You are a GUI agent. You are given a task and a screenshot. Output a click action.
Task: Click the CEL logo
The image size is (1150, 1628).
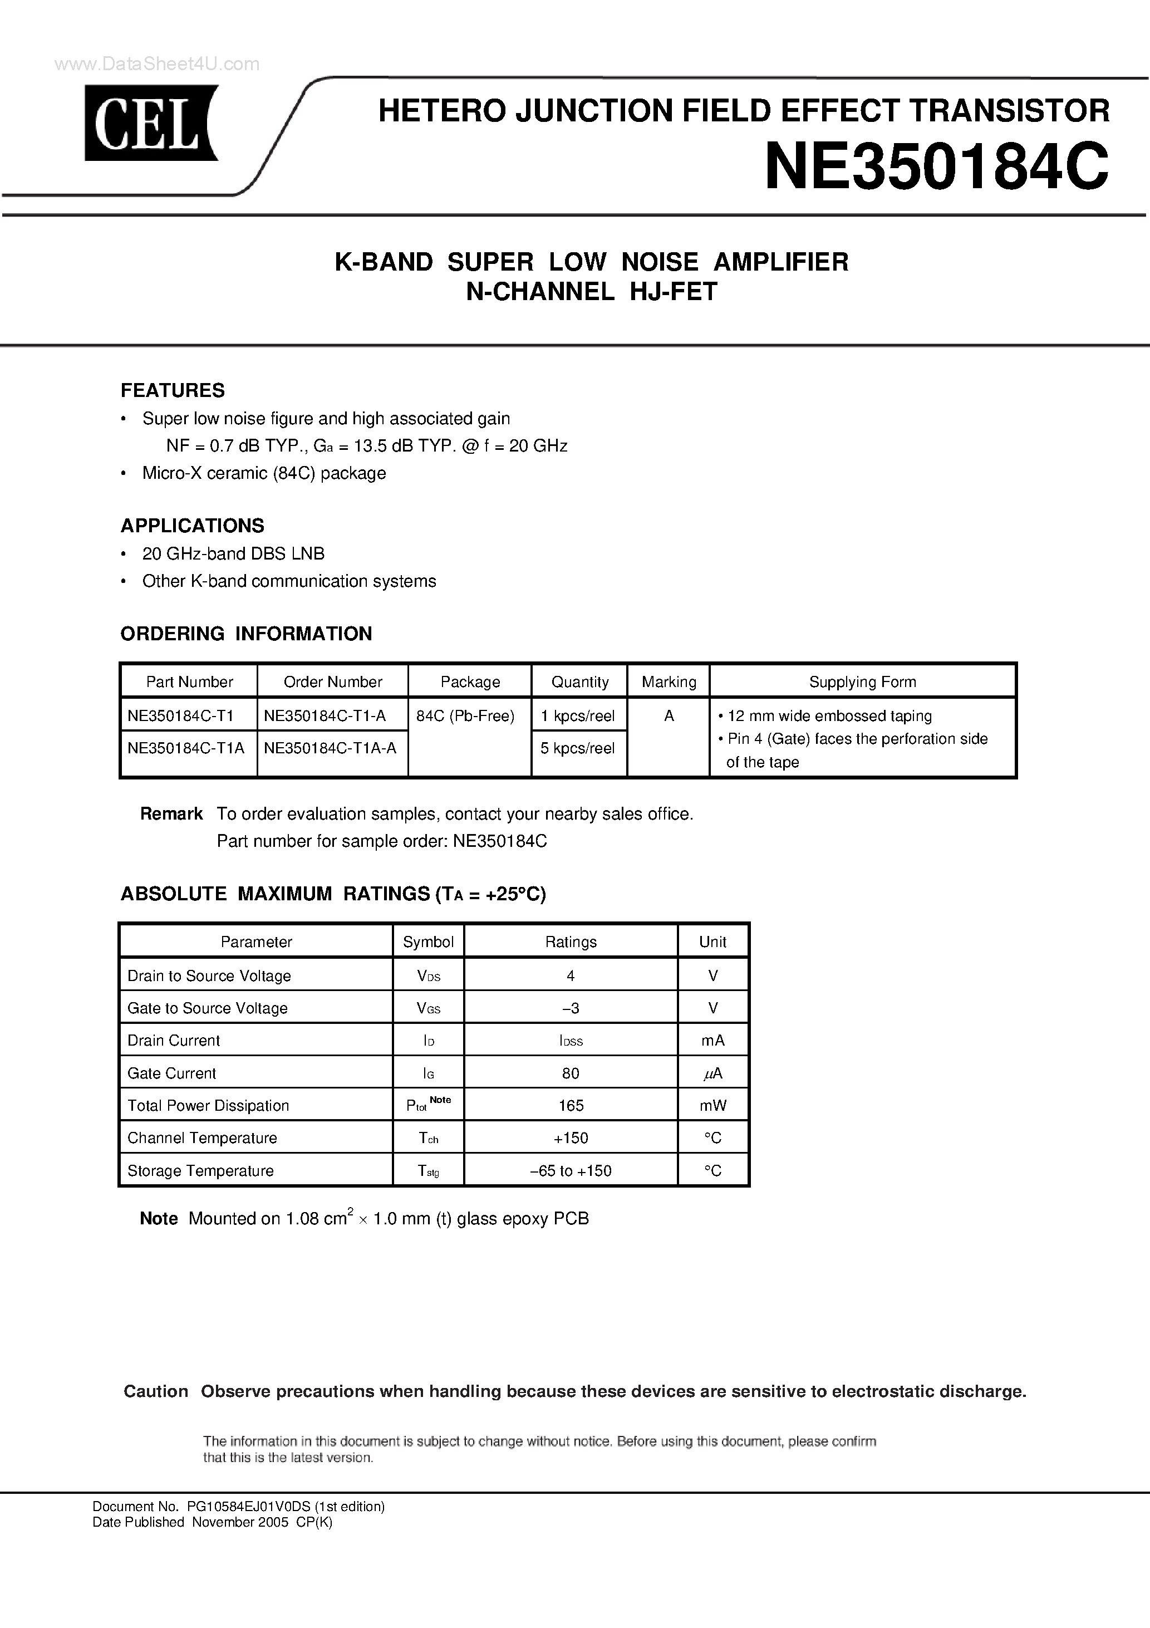pyautogui.click(x=151, y=122)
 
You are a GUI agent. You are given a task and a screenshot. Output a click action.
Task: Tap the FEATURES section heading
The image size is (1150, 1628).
pyautogui.click(x=173, y=391)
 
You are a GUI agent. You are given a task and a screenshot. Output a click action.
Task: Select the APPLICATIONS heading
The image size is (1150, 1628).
pyautogui.click(x=192, y=526)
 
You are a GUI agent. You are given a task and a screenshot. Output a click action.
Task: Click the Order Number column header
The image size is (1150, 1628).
pyautogui.click(x=332, y=682)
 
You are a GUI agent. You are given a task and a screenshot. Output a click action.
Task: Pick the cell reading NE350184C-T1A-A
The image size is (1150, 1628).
pyautogui.click(x=330, y=748)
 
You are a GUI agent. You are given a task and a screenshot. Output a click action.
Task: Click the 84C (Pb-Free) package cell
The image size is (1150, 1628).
pyautogui.click(x=465, y=716)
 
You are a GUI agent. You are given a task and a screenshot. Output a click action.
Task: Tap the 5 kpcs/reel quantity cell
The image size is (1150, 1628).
pyautogui.click(x=577, y=748)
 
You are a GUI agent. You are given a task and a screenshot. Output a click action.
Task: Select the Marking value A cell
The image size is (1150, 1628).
pyautogui.click(x=669, y=716)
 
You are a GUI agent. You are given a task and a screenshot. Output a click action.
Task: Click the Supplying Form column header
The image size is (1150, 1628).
pyautogui.click(x=862, y=682)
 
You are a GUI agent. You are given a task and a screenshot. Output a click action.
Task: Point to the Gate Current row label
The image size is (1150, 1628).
pyautogui.click(x=171, y=1073)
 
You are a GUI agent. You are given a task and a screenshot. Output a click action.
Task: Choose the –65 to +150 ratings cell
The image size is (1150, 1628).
pyautogui.click(x=571, y=1171)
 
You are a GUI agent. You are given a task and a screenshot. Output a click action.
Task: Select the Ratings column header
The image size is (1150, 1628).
pyautogui.click(x=571, y=943)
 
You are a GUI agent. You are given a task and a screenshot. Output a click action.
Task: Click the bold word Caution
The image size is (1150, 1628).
pyautogui.click(x=156, y=1391)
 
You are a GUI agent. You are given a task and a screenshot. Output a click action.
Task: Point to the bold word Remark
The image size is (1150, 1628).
pyautogui.click(x=171, y=814)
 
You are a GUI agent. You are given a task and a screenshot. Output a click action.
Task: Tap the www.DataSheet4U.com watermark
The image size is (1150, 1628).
pyautogui.click(x=156, y=65)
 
